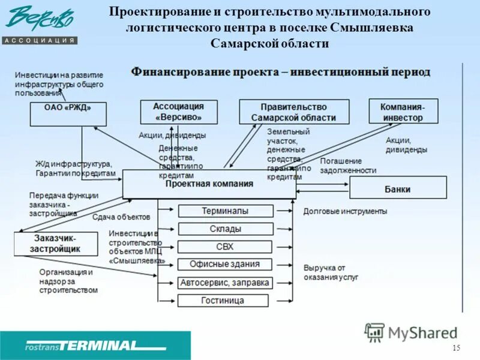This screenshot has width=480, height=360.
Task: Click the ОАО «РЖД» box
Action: pos(68,113)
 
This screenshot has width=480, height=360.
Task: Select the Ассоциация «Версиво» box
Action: pos(178,112)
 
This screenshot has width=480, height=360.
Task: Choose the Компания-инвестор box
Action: pos(403,112)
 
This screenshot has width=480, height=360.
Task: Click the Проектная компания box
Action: pos(209,184)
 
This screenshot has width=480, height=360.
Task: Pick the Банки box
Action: pos(398,188)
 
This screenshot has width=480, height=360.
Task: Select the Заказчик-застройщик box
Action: pos(55,242)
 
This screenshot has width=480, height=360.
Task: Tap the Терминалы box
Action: pos(225,211)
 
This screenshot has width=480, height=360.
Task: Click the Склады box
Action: pos(225,229)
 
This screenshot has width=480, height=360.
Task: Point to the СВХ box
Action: pos(225,247)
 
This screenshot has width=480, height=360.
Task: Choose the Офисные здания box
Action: pos(225,264)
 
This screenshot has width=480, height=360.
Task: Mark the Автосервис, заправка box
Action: pos(225,282)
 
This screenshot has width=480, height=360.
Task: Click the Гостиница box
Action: pos(225,300)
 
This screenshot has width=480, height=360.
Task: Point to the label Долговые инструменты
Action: pos(345,211)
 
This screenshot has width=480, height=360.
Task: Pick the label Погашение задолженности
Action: pos(348,166)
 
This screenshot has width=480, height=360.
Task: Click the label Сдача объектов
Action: pos(121,217)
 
